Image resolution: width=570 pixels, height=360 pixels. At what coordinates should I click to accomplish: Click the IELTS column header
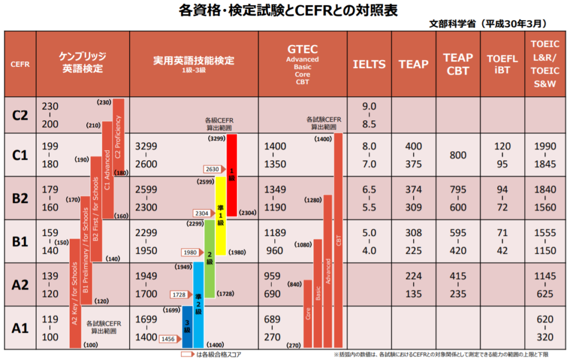[369, 64]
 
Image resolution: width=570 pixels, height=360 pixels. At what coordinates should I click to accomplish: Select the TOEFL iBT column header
[502, 64]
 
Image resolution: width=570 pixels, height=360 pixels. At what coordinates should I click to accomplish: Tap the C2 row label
[20, 115]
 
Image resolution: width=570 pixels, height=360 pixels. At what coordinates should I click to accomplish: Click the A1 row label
[20, 327]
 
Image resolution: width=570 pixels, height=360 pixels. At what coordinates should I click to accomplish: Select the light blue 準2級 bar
[198, 303]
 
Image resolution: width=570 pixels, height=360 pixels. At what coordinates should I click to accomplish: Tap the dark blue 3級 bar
[187, 327]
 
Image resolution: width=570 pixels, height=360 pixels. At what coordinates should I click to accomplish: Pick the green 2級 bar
[209, 258]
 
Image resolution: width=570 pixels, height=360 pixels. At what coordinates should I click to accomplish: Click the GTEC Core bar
[308, 313]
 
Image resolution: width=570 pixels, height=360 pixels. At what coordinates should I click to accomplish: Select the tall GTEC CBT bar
[338, 240]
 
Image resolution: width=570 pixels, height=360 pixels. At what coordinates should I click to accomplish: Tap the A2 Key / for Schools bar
[75, 293]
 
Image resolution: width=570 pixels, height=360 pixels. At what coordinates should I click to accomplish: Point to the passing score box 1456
[168, 338]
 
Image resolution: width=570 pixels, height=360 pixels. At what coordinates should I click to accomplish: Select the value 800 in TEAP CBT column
[458, 155]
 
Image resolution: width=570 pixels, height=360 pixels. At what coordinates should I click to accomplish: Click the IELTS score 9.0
[369, 106]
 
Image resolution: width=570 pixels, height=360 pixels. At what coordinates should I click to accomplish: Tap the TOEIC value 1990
[545, 146]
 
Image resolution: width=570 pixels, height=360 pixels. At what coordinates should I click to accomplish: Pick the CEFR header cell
[20, 64]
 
